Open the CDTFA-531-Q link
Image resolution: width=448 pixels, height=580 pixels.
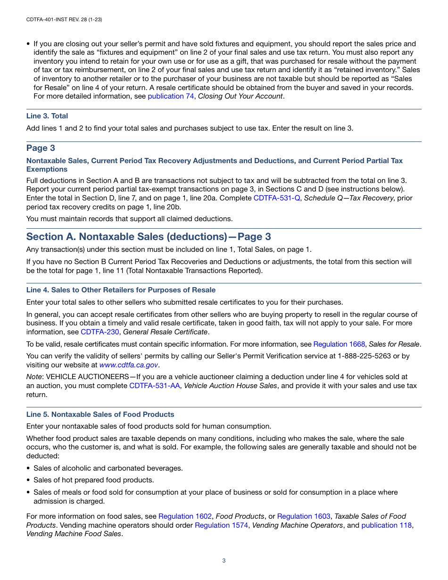(277, 198)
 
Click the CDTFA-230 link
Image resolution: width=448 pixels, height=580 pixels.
(100, 332)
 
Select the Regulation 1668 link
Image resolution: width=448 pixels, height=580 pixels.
(339, 344)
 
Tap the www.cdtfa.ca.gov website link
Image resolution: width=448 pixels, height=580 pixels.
(129, 365)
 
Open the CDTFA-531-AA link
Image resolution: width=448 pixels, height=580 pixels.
(155, 386)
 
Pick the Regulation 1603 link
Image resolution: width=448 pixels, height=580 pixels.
(304, 516)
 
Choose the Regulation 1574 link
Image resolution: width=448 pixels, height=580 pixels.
(221, 525)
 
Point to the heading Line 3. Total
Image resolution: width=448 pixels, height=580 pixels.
(47, 116)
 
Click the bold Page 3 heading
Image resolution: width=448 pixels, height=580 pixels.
(41, 148)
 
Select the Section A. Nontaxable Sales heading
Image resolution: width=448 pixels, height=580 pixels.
(149, 237)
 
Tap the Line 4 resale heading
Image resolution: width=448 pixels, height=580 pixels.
(121, 290)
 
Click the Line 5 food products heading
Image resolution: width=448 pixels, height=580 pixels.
(100, 414)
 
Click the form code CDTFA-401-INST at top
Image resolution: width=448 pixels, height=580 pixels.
(51, 20)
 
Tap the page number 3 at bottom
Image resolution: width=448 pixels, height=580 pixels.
(224, 561)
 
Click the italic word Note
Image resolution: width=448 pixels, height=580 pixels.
(34, 377)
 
